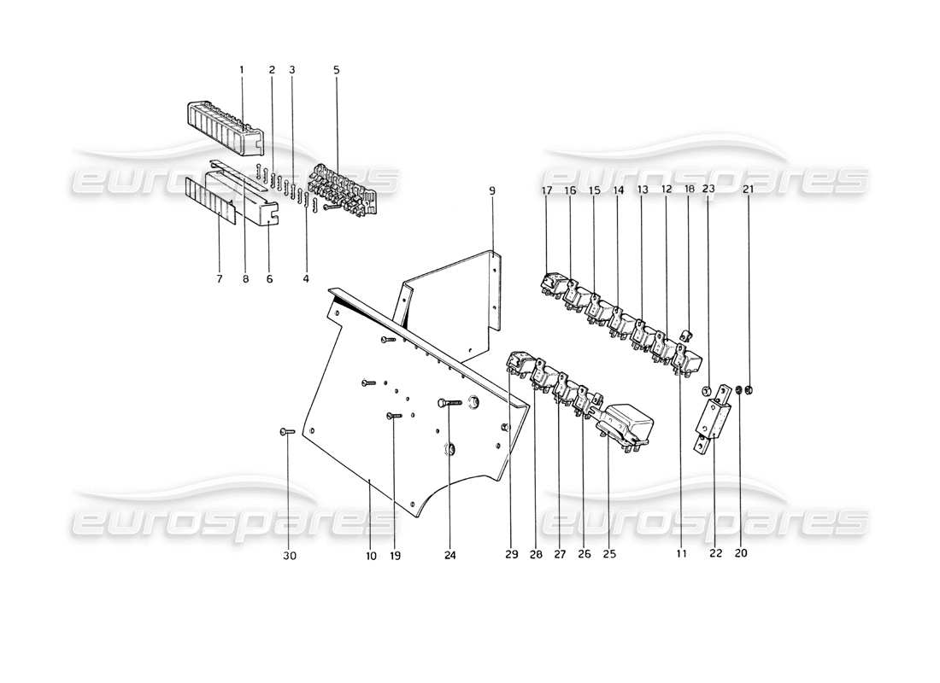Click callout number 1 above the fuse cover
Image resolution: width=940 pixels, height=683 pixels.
pos(242,69)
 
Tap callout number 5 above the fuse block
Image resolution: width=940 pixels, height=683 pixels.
pos(336,69)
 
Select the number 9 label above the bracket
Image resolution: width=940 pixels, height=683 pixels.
pos(492,190)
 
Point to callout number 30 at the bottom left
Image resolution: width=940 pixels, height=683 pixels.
pos(289,555)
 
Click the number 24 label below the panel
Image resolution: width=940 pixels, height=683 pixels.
pos(450,555)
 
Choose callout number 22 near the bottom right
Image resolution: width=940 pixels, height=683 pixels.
pos(716,552)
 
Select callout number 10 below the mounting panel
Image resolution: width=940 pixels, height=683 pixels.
pos(371,555)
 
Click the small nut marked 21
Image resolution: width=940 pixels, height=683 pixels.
pos(749,392)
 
